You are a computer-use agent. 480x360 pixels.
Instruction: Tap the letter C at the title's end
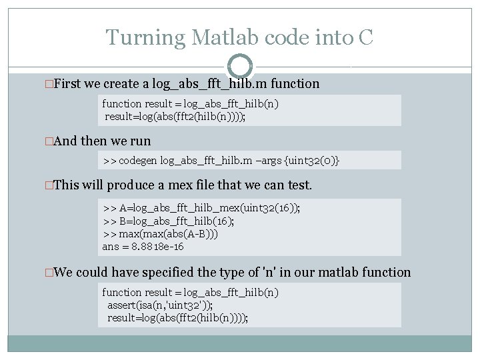[x=365, y=37]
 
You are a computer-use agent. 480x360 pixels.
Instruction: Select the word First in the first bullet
[x=67, y=84]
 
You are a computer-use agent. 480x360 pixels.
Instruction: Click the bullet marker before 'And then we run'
[x=47, y=141]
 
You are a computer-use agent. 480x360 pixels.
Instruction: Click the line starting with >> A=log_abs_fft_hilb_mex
[x=201, y=208]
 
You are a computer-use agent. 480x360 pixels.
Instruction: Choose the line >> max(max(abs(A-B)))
[x=160, y=234]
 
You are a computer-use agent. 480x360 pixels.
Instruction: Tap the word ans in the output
[x=111, y=247]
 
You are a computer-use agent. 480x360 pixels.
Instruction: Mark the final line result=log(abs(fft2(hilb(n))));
[x=178, y=317]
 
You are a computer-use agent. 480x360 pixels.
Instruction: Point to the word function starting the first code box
[x=121, y=103]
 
